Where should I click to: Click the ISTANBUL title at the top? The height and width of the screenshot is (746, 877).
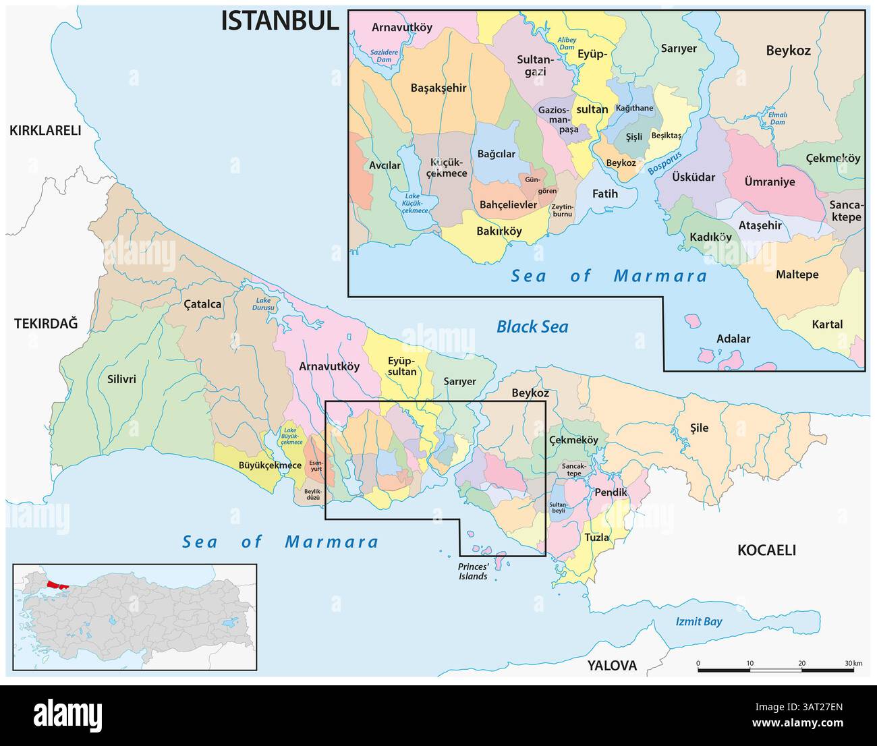point(280,21)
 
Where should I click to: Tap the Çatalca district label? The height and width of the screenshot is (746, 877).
point(202,304)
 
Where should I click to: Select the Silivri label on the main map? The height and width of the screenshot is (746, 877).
point(121,379)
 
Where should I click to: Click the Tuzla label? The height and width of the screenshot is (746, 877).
point(596,538)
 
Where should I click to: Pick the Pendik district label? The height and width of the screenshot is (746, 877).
point(611,492)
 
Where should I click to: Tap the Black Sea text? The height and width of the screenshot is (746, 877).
point(532,327)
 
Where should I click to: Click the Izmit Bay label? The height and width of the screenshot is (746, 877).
point(699,622)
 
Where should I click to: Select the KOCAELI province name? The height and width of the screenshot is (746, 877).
point(766,550)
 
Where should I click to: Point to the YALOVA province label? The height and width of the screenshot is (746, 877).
point(611,666)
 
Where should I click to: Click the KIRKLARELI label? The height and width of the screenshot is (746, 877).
point(45,131)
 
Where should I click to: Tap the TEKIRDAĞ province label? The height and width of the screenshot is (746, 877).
point(46,324)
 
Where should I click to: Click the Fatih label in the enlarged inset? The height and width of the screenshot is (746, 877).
point(604,194)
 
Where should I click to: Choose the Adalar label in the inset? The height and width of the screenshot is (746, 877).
point(733,339)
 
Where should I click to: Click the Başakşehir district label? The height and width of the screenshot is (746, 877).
point(438,88)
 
